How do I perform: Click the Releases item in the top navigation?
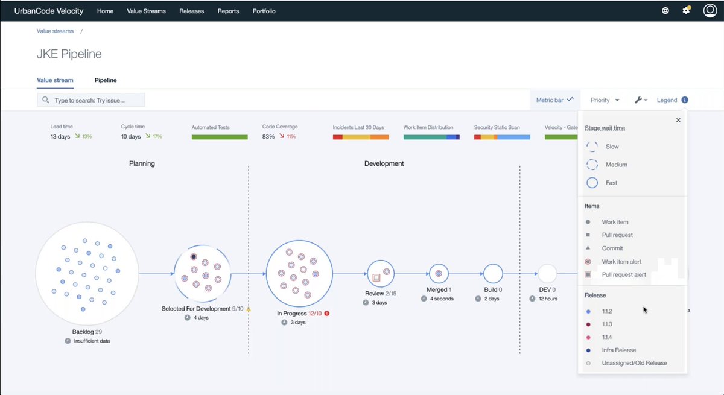point(191,11)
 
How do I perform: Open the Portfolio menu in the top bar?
point(264,11)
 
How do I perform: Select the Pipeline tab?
point(106,80)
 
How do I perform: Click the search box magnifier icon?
point(46,100)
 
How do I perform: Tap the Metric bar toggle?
point(554,100)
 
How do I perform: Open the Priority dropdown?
point(605,100)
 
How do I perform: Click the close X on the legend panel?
point(678,120)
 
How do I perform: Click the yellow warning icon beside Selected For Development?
point(249,309)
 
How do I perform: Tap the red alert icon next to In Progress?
point(326,314)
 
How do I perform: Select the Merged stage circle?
point(439,274)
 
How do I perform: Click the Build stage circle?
point(493,274)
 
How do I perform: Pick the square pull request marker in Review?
point(376,277)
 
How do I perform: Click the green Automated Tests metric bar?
point(220,137)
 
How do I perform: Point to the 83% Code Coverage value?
point(268,137)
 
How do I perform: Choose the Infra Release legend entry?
point(618,350)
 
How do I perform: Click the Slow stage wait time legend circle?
point(592,147)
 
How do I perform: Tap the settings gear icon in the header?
point(686,11)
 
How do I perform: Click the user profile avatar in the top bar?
point(710,11)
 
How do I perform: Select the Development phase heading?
point(384,163)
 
